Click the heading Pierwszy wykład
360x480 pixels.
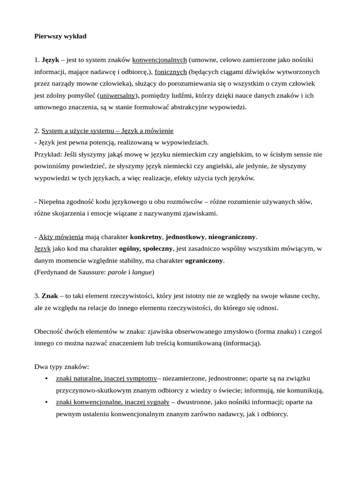click(x=60, y=36)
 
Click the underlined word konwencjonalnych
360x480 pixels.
click(x=159, y=60)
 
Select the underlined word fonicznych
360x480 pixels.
click(x=171, y=72)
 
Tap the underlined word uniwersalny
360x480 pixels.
click(x=117, y=95)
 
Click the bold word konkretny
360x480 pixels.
click(x=146, y=237)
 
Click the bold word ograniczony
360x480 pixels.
click(x=204, y=260)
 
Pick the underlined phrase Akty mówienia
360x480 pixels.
click(x=61, y=237)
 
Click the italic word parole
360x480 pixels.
click(x=117, y=272)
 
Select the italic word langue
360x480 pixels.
click(x=142, y=272)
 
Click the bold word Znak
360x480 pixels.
click(x=50, y=296)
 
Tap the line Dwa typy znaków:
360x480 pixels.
click(x=61, y=367)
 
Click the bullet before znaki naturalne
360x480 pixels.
click(x=46, y=378)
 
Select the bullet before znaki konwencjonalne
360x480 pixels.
click(x=46, y=402)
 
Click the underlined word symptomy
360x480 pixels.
click(x=142, y=378)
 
